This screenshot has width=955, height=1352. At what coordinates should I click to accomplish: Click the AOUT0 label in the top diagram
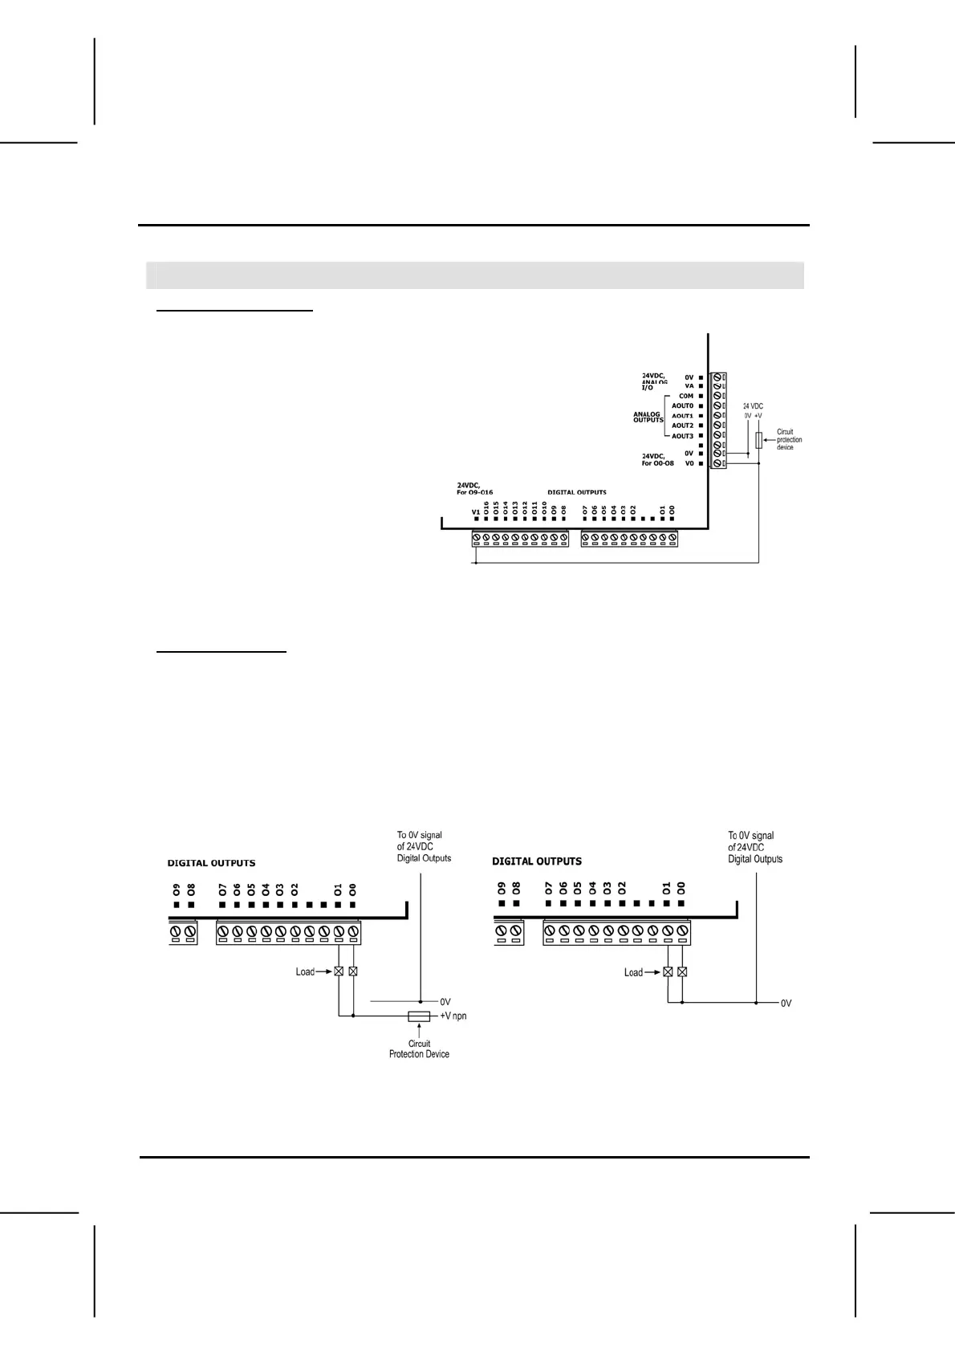click(682, 406)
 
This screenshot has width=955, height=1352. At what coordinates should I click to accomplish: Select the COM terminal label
click(685, 396)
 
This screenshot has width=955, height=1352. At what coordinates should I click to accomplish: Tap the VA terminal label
click(689, 386)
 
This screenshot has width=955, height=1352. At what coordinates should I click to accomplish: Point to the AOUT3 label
click(682, 436)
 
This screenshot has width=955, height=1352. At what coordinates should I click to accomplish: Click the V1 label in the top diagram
click(475, 511)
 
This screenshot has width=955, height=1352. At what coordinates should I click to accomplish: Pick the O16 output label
click(486, 507)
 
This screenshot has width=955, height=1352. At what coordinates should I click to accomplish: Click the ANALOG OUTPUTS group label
click(648, 417)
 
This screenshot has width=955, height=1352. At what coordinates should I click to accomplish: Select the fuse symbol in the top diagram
click(758, 440)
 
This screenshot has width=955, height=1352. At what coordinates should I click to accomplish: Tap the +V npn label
click(453, 1016)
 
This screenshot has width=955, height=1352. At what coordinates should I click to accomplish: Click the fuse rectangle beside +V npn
click(419, 1016)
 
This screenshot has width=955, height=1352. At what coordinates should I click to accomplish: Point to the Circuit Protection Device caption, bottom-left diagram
click(419, 1049)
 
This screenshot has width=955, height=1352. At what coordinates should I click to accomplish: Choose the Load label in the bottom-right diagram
click(633, 972)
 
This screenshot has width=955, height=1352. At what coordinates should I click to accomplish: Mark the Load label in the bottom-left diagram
click(305, 971)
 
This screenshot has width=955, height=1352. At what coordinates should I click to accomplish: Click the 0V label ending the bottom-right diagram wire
click(786, 1003)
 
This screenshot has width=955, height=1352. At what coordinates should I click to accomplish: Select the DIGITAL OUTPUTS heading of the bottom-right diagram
click(536, 861)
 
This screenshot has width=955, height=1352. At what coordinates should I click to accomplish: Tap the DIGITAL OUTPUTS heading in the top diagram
click(576, 492)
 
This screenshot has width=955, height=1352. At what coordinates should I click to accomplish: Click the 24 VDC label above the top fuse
click(753, 406)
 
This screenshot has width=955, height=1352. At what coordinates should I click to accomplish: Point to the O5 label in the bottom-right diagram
click(578, 888)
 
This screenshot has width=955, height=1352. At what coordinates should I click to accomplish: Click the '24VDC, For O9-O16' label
click(474, 488)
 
